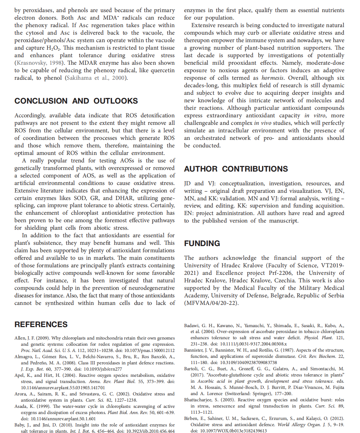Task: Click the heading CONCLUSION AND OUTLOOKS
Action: [x=76, y=101]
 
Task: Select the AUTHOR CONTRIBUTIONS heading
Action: [x=236, y=169]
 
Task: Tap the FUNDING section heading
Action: [x=202, y=243]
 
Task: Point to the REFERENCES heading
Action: [x=41, y=325]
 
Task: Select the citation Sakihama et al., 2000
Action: [x=96, y=78]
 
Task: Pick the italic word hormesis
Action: [x=272, y=78]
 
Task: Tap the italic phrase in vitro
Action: [x=315, y=115]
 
